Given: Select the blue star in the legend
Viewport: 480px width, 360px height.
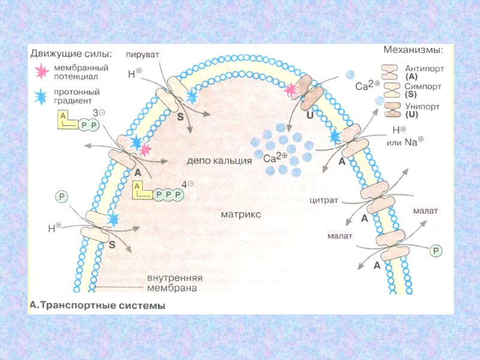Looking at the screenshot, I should click(x=41, y=96).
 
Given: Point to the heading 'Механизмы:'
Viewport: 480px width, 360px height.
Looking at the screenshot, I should click(x=413, y=50).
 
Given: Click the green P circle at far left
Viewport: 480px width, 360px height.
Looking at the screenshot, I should click(x=61, y=196).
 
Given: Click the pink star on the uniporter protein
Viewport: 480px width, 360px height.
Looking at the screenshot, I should click(x=291, y=90).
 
